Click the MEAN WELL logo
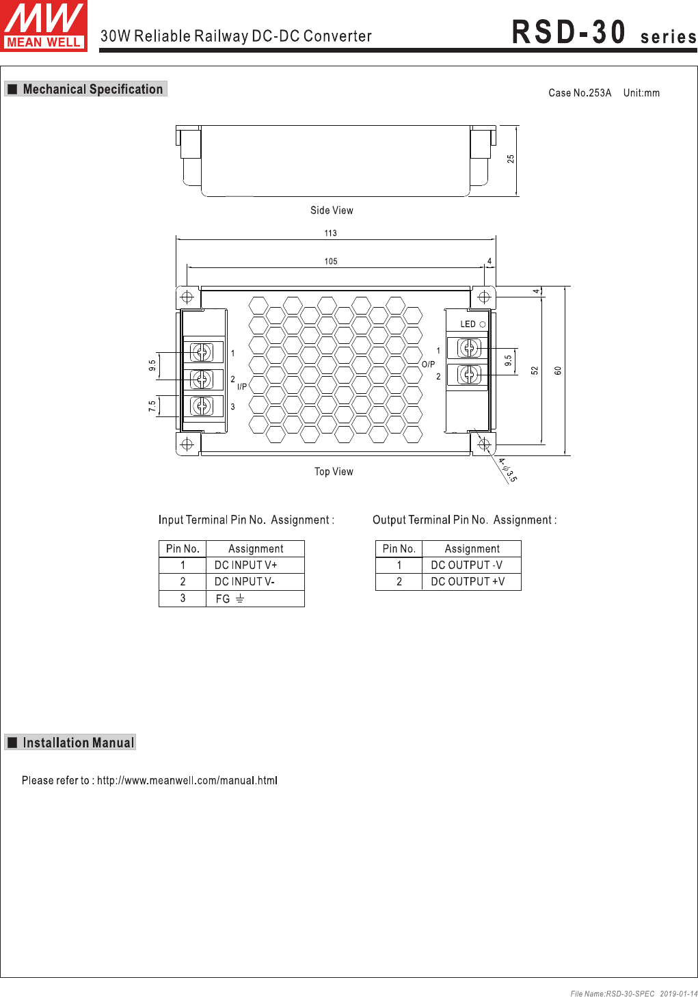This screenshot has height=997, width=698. point(44,25)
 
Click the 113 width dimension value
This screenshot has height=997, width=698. point(330,232)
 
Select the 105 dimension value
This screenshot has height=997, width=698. point(330,261)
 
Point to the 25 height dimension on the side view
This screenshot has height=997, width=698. point(511,159)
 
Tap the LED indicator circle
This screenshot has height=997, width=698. point(482,325)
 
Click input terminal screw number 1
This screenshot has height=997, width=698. point(202,353)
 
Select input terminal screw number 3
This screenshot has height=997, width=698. point(202,406)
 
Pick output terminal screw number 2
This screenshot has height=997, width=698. point(469,374)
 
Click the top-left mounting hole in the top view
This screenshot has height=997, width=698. point(187,297)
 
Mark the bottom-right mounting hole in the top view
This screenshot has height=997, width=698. point(484,444)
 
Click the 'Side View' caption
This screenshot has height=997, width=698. point(332,210)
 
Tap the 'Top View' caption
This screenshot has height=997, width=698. point(334,471)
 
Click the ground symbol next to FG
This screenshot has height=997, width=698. point(240,598)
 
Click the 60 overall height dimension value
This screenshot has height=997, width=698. point(558,371)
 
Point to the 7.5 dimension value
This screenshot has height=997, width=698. point(152,406)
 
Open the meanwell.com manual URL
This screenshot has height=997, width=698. point(187,780)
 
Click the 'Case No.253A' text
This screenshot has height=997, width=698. point(580,92)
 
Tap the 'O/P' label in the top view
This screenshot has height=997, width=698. point(428,364)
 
